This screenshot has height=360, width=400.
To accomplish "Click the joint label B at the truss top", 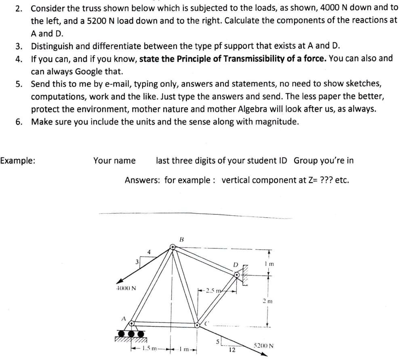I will coord(181,239).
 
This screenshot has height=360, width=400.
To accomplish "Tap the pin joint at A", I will coord(132,322).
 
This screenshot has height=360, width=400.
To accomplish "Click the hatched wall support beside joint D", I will coord(245,275).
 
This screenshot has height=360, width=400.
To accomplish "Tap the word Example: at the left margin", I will coord(17,160).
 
